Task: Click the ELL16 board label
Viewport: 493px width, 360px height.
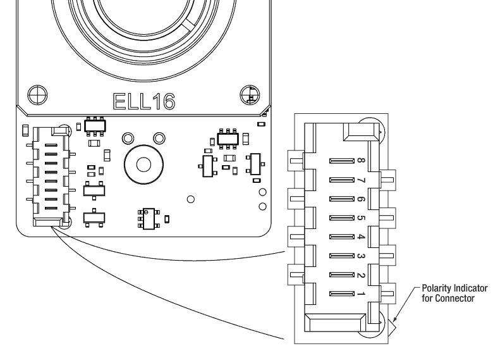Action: tap(144, 101)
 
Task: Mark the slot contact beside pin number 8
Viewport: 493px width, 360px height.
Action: tap(340, 162)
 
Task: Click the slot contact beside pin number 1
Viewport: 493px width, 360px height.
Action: tap(340, 294)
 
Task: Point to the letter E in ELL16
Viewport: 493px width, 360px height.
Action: tap(120, 101)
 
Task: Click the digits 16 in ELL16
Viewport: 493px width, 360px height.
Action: tap(163, 101)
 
